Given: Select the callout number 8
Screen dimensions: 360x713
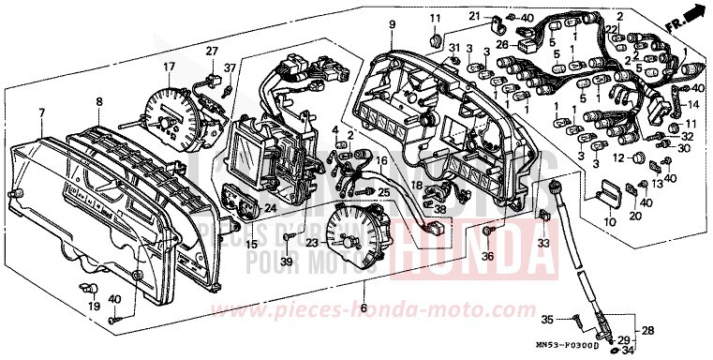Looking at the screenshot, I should (x=98, y=100).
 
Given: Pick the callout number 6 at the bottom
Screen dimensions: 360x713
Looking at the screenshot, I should (x=364, y=307).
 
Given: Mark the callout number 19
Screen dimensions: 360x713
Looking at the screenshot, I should (x=94, y=307).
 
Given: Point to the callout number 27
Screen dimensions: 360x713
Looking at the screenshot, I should (x=211, y=51).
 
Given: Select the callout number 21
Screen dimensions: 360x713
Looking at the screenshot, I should (x=475, y=16).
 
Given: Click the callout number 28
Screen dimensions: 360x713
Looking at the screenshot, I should (x=647, y=331).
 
